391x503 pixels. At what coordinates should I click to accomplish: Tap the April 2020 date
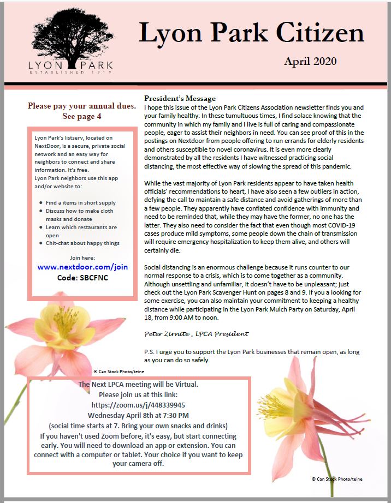coord(310,61)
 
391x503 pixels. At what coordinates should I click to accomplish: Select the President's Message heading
coord(180,98)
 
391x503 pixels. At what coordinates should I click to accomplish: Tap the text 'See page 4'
coord(82,116)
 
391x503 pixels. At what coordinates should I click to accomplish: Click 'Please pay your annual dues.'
coord(82,106)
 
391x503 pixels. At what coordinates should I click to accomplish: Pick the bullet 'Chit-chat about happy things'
coord(82,243)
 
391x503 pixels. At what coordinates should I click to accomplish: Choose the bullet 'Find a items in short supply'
coord(81,202)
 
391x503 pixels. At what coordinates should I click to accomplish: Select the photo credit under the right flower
coord(336,479)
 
